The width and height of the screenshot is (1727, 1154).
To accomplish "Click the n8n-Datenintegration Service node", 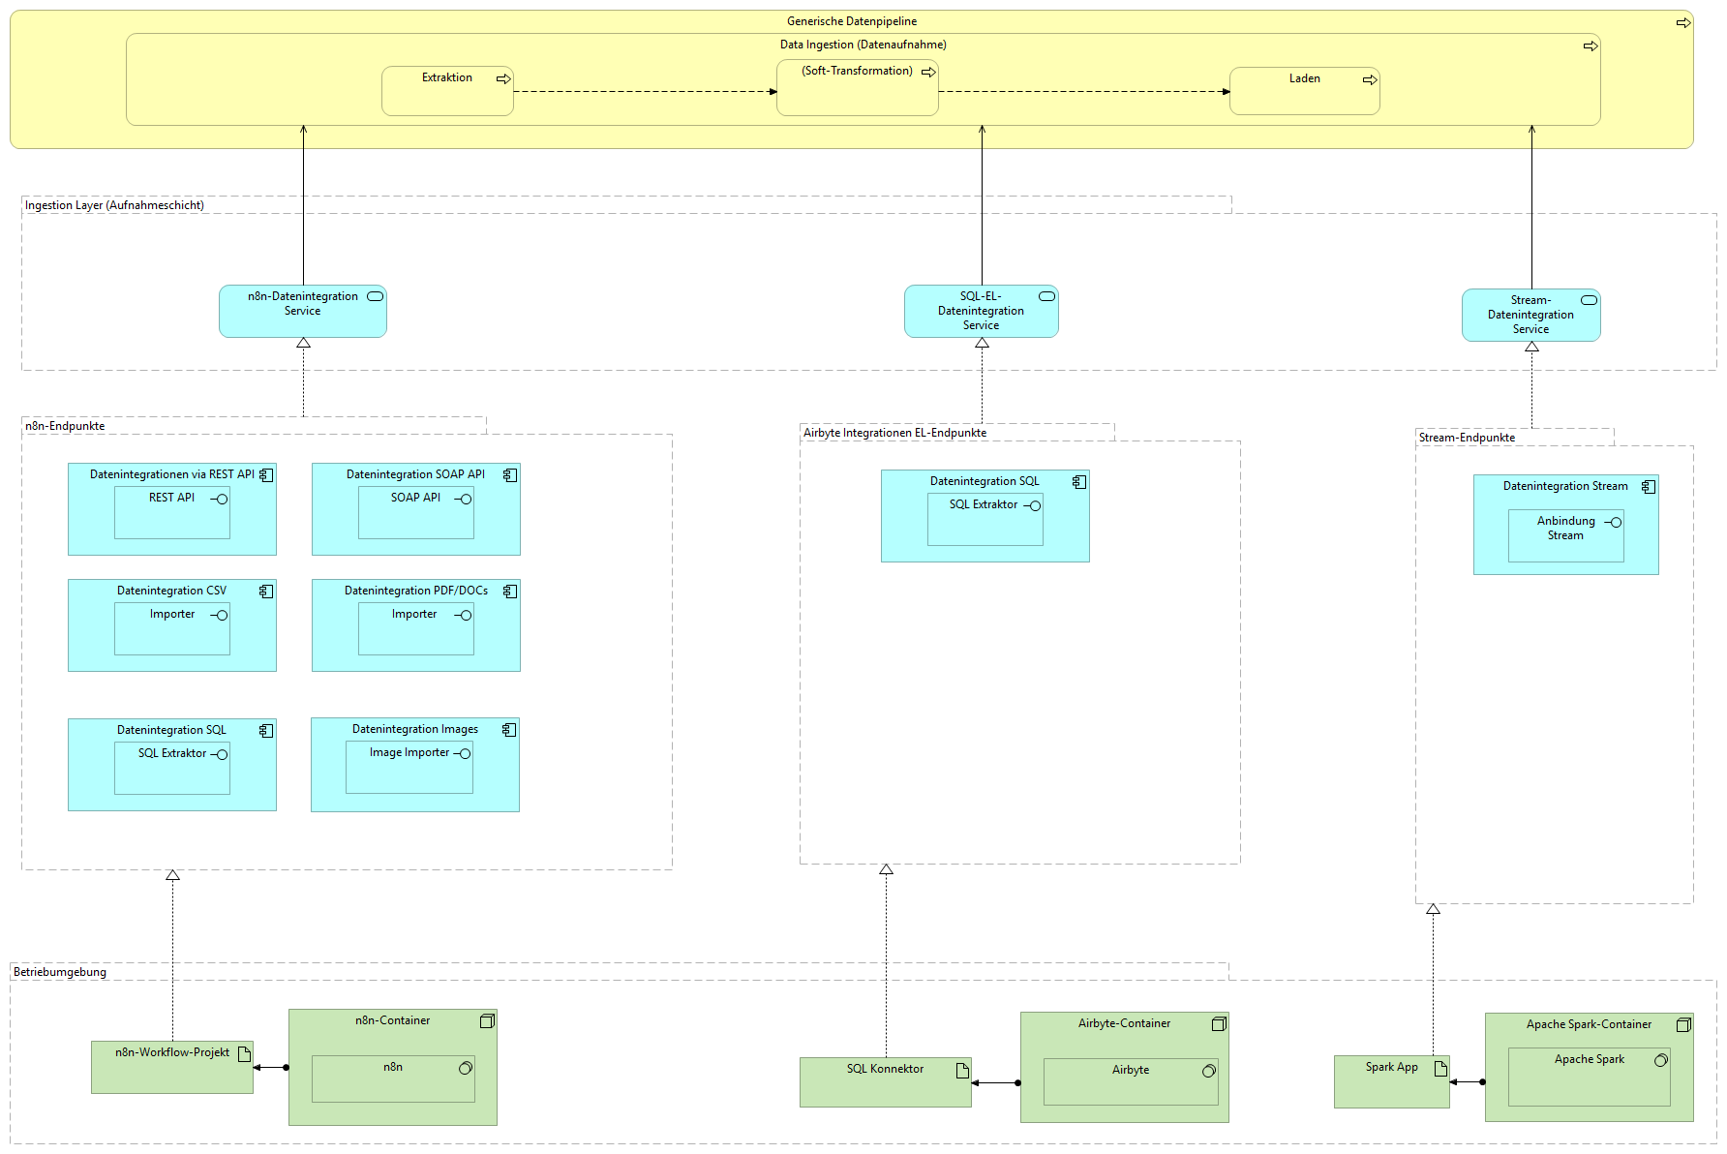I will [x=302, y=311].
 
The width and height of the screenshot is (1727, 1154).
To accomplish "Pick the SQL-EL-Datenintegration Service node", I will [x=981, y=311].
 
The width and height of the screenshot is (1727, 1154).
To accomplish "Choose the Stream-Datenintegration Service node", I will [x=1530, y=315].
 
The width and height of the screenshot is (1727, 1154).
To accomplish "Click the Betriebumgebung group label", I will [x=60, y=972].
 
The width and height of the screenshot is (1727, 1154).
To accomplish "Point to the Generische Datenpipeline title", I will [x=851, y=21].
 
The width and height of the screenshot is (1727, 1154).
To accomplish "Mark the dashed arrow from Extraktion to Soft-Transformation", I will [x=644, y=92].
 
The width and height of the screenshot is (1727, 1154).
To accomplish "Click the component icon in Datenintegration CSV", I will [x=265, y=591].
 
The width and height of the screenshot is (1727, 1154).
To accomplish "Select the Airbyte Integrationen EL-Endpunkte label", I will [x=894, y=433].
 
